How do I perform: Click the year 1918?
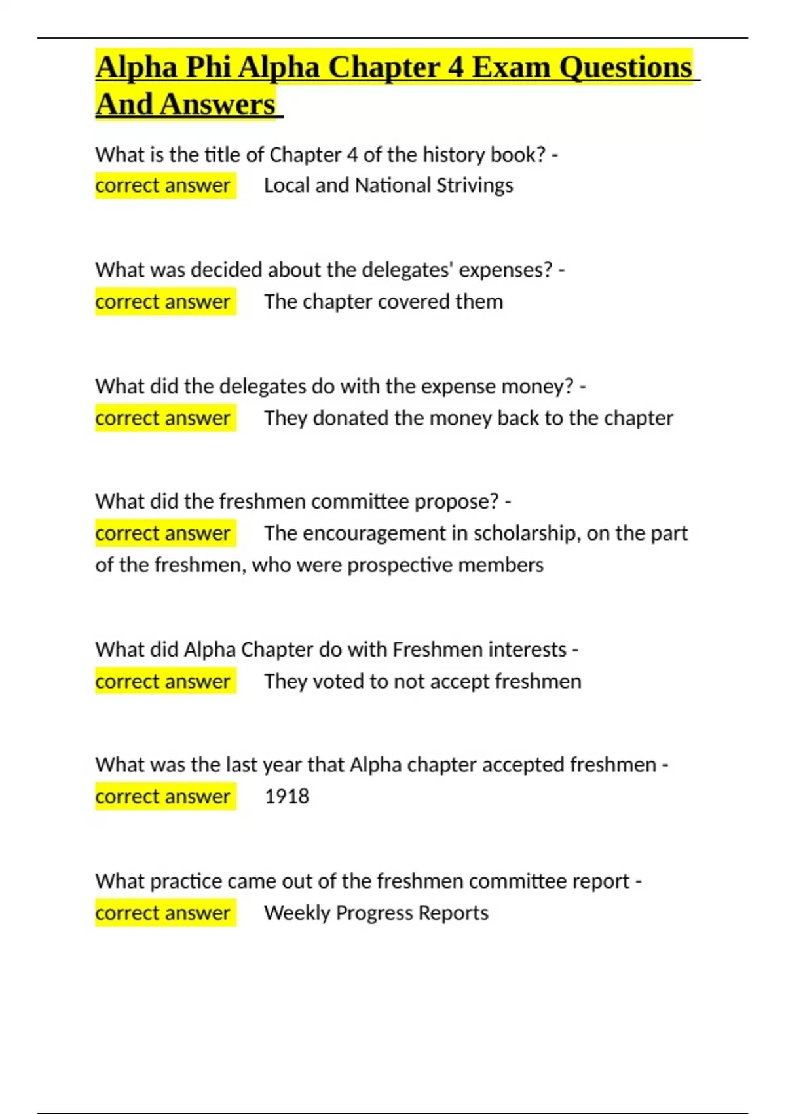tap(286, 796)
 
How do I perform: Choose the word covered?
tap(413, 302)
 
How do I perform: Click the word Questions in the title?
tap(626, 67)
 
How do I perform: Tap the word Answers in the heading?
tap(217, 104)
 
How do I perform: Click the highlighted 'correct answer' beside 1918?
tap(162, 796)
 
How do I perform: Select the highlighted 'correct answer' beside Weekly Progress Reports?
tap(162, 913)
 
